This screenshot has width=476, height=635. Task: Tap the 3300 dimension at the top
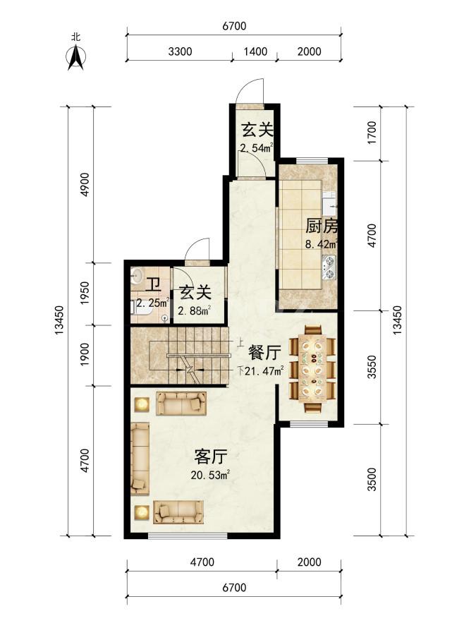180,52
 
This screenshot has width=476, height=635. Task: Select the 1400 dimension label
255,52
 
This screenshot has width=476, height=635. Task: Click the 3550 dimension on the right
372,367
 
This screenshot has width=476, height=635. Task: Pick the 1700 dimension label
372,133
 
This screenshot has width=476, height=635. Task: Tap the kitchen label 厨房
322,226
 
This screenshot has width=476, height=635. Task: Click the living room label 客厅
210,457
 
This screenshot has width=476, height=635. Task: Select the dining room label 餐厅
264,353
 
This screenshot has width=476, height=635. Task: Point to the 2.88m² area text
195,310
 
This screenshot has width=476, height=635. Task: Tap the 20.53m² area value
210,475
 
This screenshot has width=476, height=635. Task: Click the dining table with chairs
312,368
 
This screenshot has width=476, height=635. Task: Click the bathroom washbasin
136,277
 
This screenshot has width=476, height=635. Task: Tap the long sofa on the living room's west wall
140,459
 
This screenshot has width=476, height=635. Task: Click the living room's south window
188,536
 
